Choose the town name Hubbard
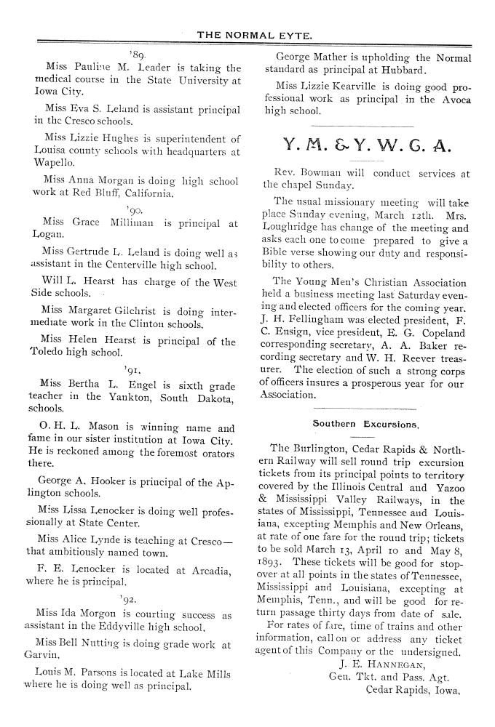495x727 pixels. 400,71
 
